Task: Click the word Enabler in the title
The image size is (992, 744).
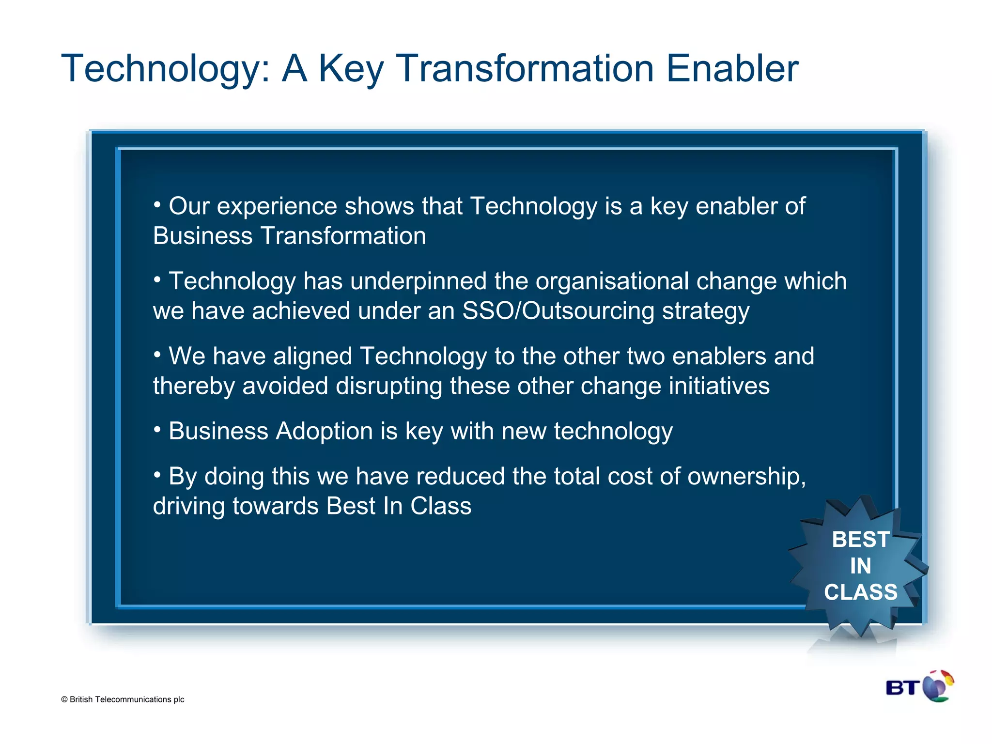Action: point(732,69)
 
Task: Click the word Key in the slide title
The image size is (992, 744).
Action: point(351,69)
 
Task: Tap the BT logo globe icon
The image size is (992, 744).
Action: point(938,686)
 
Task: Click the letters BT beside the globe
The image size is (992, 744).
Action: point(903,688)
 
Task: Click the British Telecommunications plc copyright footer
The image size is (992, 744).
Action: point(123,699)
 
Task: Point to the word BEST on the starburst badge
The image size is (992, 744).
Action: point(860,540)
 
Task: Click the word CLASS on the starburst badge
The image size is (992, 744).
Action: point(860,592)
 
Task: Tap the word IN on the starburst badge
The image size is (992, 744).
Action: point(860,566)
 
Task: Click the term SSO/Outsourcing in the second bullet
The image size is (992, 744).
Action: point(558,311)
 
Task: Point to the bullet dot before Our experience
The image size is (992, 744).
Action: point(157,204)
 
